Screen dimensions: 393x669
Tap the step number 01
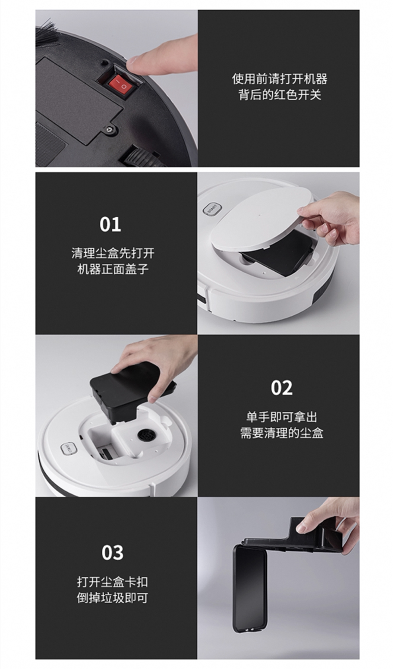pyautogui.click(x=111, y=225)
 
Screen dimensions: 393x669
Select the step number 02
pyautogui.click(x=281, y=388)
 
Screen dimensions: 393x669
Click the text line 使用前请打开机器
pyautogui.click(x=280, y=79)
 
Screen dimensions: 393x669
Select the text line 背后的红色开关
pyautogui.click(x=280, y=95)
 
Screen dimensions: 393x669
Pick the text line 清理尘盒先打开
pyautogui.click(x=113, y=253)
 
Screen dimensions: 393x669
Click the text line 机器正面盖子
pyautogui.click(x=113, y=269)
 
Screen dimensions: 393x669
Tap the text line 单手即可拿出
pyautogui.click(x=281, y=417)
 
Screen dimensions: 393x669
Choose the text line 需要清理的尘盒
pyautogui.click(x=281, y=433)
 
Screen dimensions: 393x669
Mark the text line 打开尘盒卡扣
pyautogui.click(x=112, y=582)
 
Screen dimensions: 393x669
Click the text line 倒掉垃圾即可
pyautogui.click(x=112, y=598)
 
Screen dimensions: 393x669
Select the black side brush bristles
pyautogui.click(x=47, y=33)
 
